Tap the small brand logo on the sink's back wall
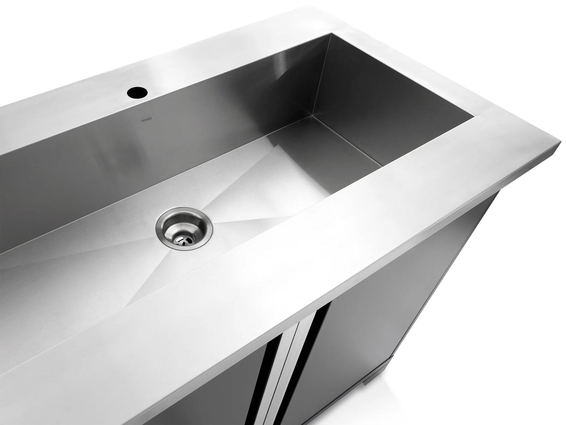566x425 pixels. [x=147, y=120]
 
